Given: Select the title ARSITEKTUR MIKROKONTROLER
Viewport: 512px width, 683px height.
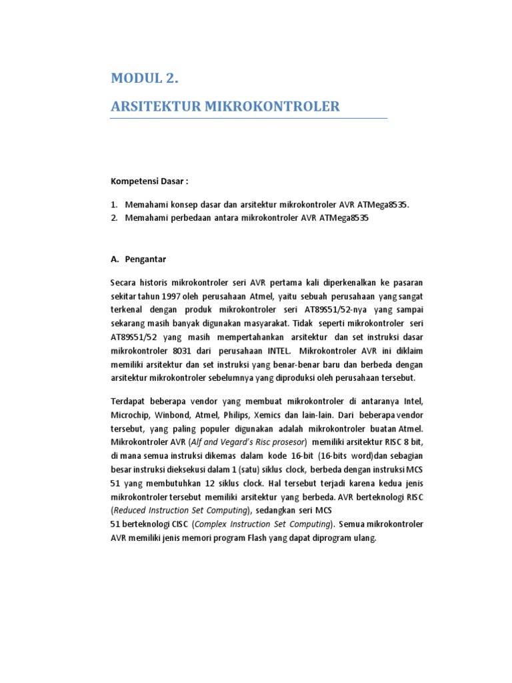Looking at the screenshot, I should (x=225, y=106).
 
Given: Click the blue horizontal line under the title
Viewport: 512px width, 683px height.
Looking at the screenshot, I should (x=248, y=119).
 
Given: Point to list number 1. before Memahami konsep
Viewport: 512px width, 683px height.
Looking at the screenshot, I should (x=114, y=205).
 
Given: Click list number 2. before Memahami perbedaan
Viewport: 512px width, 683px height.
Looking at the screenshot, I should (x=114, y=217).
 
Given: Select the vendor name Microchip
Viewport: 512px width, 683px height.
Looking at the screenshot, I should (x=130, y=414).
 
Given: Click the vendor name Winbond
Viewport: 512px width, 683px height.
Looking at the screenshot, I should (x=174, y=414).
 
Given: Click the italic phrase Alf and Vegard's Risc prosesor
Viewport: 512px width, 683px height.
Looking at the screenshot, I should (x=248, y=442).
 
